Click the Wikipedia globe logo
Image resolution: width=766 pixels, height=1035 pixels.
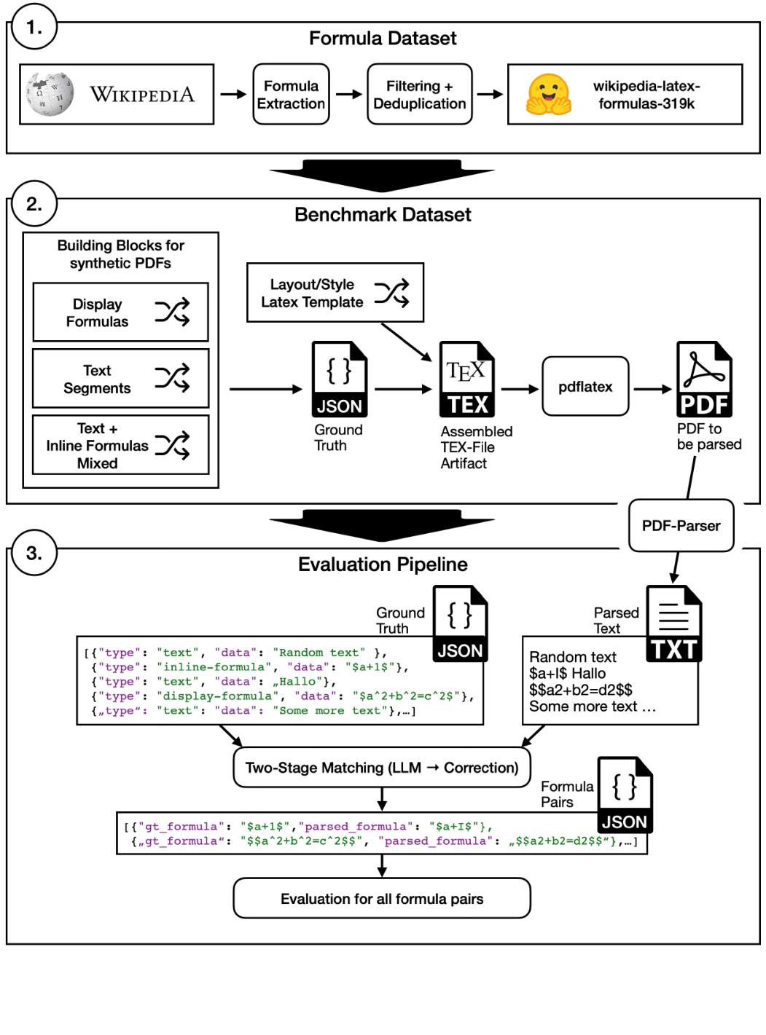(x=50, y=94)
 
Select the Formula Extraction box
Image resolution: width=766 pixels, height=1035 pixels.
(x=291, y=95)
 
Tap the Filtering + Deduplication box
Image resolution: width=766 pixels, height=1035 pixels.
(x=419, y=95)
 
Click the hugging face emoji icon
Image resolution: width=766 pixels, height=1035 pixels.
(x=549, y=95)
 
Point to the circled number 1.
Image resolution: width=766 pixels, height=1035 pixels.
(x=34, y=28)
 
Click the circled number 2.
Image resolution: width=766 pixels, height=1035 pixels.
(x=34, y=204)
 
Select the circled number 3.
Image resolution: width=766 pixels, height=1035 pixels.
(x=34, y=554)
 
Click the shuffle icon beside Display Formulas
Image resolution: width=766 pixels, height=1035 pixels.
(x=172, y=312)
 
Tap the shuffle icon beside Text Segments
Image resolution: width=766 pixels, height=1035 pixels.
(x=172, y=378)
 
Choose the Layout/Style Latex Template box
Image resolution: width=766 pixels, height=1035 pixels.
(x=335, y=293)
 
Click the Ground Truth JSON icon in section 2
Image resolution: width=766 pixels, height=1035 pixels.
(x=339, y=379)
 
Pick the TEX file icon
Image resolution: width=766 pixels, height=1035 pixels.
(x=467, y=379)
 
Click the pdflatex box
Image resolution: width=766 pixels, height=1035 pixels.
(x=585, y=387)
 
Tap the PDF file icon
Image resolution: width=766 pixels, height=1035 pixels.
(x=704, y=379)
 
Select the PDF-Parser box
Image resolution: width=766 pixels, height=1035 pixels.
(x=681, y=526)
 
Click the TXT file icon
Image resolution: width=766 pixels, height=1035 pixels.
(x=674, y=624)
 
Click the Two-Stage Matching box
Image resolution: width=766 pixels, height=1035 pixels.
(x=381, y=768)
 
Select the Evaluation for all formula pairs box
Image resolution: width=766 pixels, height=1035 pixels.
(x=381, y=899)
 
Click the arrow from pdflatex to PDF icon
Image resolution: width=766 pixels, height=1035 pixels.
(x=652, y=389)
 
